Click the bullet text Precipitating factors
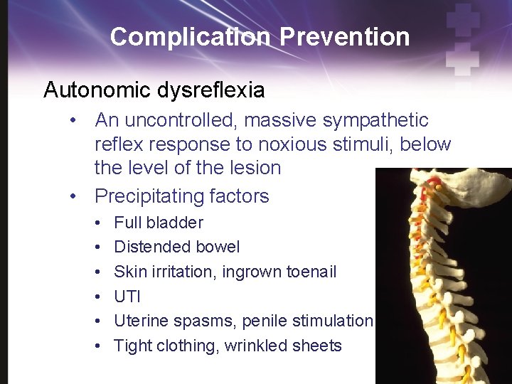click(182, 196)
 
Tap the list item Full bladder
click(159, 223)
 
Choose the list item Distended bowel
click(177, 247)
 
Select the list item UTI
click(128, 297)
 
